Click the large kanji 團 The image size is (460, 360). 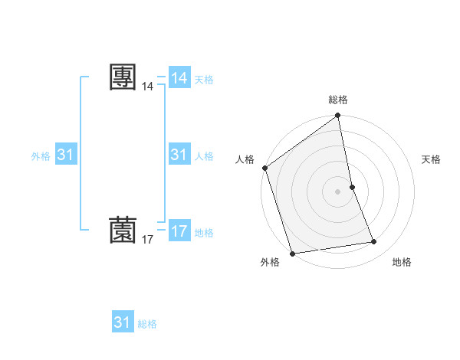tap(123, 77)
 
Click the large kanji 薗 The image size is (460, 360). tap(123, 229)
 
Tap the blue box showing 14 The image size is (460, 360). tap(179, 78)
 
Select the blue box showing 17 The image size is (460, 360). tap(179, 231)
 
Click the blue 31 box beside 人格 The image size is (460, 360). tap(179, 155)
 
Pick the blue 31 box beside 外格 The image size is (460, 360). tap(66, 155)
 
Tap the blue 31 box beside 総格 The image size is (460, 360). tap(123, 322)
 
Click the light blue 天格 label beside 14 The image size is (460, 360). tap(204, 80)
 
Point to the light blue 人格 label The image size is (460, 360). tap(204, 156)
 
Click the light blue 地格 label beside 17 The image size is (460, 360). tap(204, 233)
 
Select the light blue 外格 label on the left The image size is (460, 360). tap(41, 156)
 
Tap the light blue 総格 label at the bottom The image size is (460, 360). tap(147, 324)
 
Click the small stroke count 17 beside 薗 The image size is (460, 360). tap(147, 240)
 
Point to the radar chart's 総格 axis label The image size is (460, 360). tap(338, 100)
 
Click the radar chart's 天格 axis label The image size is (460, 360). tap(431, 159)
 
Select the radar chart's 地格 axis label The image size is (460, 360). tap(402, 262)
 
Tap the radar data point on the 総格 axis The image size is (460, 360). tap(338, 116)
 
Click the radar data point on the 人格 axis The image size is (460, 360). tap(264, 168)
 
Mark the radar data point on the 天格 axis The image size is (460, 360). tap(352, 186)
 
